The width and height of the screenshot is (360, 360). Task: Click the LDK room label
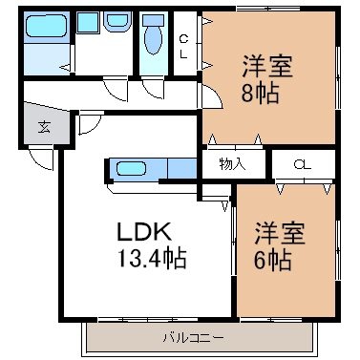pos(144,231)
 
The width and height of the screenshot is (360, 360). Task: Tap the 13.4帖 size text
pos(152,258)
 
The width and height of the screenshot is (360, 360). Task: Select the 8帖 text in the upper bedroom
pos(260,94)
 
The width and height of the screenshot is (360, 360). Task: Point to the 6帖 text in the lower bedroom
pos(272,260)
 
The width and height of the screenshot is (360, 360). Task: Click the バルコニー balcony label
pos(193,337)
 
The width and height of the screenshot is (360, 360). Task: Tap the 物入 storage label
pos(232,163)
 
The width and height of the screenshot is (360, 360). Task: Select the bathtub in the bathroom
pos(46,27)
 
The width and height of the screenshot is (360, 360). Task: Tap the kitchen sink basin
pos(131,168)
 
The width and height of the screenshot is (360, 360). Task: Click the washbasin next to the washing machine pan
pos(117,22)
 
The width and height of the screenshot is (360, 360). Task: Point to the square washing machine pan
pos(88,22)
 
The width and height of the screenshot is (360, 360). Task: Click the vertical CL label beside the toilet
pos(183,47)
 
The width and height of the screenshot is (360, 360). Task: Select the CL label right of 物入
pos(303,164)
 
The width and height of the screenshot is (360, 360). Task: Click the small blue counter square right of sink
pos(181,168)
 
